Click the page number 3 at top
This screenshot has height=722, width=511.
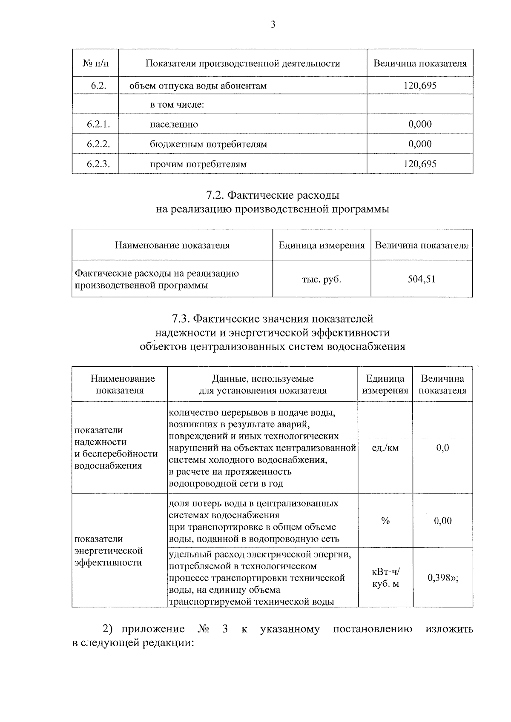click(x=273, y=25)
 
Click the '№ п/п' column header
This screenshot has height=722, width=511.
click(x=95, y=64)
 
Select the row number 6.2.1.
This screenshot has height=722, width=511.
click(x=98, y=124)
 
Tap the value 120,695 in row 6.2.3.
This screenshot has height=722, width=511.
click(x=420, y=164)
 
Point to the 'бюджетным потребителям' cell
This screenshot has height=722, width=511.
click(x=208, y=144)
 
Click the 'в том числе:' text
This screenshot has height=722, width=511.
click(x=177, y=105)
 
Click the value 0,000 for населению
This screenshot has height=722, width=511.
click(x=420, y=124)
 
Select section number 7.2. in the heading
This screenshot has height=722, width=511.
click(x=215, y=195)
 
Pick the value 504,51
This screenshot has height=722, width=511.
click(x=422, y=279)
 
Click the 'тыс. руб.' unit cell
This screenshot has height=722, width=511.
click(x=322, y=279)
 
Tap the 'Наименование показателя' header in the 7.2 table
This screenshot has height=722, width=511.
click(x=172, y=245)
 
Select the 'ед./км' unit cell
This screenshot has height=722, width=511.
click(x=385, y=448)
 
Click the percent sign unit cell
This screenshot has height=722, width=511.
click(x=385, y=521)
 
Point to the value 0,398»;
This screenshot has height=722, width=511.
click(x=443, y=578)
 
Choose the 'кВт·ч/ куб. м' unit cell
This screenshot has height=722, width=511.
click(x=385, y=578)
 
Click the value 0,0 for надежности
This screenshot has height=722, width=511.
click(x=443, y=448)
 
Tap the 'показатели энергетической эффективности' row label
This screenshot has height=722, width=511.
click(x=109, y=551)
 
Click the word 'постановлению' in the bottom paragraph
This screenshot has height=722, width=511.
click(x=372, y=629)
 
